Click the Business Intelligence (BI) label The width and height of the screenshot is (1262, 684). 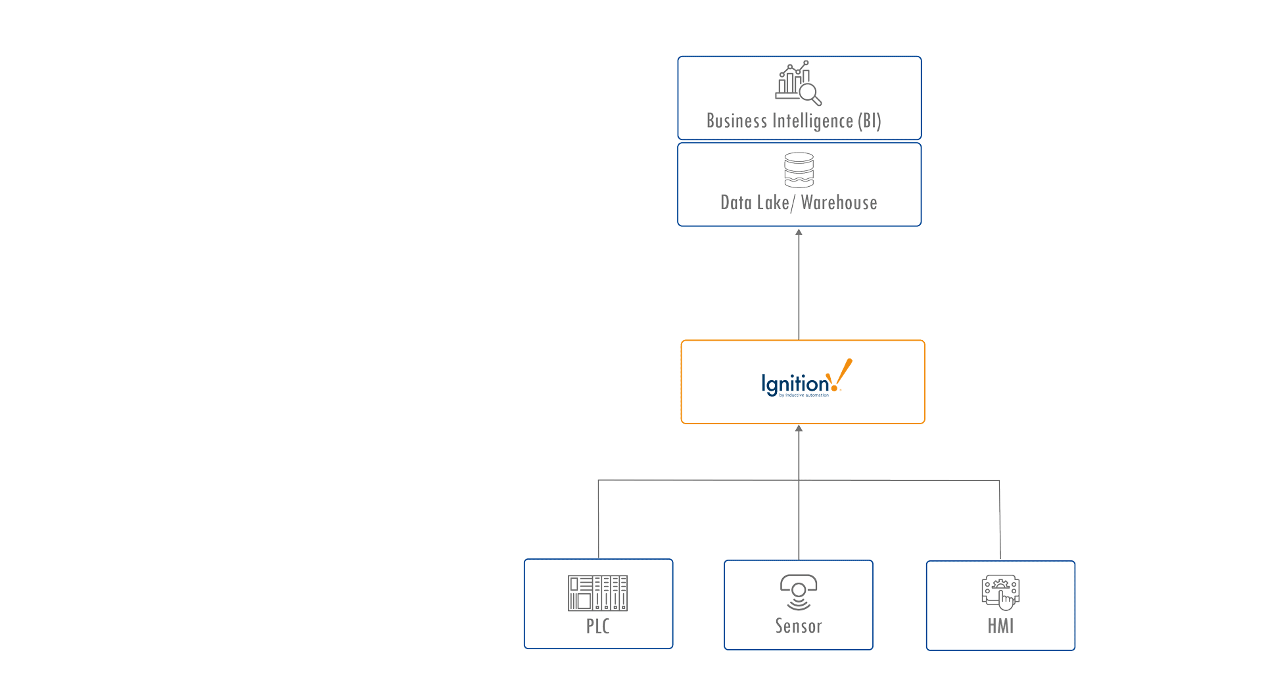point(793,121)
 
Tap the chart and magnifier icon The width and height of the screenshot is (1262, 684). point(798,83)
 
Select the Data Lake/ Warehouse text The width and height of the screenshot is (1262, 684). point(799,203)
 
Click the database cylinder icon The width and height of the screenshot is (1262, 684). point(799,170)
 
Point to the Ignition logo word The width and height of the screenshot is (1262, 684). point(795,383)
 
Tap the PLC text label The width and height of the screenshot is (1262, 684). point(597,626)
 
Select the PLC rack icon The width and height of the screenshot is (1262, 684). point(597,593)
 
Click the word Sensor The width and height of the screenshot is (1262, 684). point(799,626)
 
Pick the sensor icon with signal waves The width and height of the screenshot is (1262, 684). point(799,592)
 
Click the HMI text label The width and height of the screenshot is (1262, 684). point(1000,626)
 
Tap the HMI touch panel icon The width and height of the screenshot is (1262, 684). point(1000,592)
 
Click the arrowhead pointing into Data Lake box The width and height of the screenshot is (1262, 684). point(799,232)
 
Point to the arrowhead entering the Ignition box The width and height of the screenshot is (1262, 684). point(799,429)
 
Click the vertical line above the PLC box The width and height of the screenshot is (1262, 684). point(598,520)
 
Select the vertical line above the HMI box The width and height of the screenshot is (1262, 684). point(1000,520)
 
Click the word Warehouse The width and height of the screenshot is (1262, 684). point(839,203)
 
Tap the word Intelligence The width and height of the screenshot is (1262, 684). point(812,121)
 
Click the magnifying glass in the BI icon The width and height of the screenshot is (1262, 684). point(810,94)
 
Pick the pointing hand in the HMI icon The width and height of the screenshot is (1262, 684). point(1006,600)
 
